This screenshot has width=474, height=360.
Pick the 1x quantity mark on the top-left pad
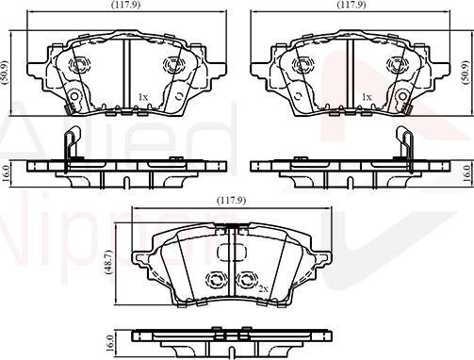coord(143,96)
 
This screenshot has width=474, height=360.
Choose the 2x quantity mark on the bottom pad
coord(265,287)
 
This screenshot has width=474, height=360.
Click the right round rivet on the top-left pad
coord(172,64)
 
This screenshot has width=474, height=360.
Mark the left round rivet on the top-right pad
coord(302,64)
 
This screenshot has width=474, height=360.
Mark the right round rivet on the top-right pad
coord(395,64)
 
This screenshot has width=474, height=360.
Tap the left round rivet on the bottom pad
coord(215,279)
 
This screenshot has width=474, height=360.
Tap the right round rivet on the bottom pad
coord(248,279)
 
